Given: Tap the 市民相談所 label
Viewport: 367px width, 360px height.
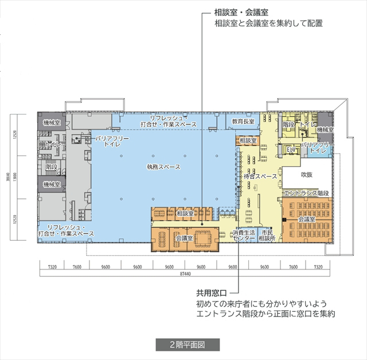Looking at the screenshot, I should click(x=268, y=235).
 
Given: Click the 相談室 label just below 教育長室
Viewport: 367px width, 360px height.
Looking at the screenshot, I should click(x=248, y=140).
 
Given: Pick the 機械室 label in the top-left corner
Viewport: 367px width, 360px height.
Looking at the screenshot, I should click(x=52, y=123).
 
